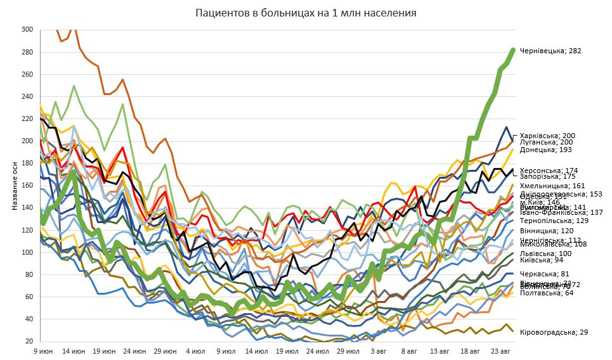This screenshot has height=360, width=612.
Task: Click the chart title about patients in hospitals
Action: [306, 13]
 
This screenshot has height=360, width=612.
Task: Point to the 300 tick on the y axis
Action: [27, 30]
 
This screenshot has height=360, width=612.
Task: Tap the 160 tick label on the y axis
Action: [27, 186]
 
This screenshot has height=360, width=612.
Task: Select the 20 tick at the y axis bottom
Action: [29, 342]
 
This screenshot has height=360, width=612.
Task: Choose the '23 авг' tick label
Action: [501, 350]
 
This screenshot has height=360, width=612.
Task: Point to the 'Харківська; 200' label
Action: [547, 136]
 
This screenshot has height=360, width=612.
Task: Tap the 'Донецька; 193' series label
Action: [545, 150]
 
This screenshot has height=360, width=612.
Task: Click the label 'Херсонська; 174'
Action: [549, 170]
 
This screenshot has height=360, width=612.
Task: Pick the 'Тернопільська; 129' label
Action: [554, 221]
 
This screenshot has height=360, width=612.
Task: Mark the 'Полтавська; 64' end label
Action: [546, 293]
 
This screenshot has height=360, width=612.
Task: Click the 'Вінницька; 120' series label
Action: [546, 231]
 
